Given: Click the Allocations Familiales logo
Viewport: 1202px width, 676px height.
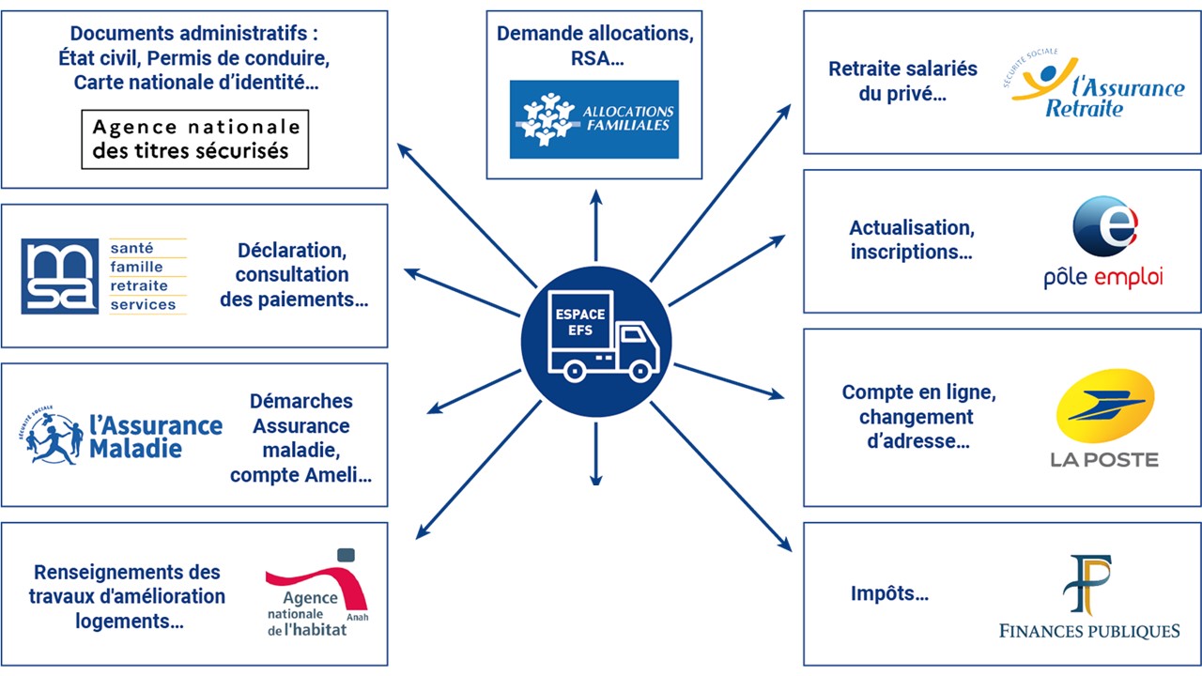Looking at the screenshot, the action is click(x=594, y=119).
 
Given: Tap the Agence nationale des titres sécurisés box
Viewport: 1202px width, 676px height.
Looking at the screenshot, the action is click(x=194, y=140).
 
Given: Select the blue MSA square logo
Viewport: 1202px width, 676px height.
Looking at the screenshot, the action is click(x=59, y=276).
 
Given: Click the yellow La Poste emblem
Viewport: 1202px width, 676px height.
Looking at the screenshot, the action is click(x=1105, y=406).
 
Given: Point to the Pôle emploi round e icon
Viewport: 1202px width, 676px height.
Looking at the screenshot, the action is click(x=1105, y=226).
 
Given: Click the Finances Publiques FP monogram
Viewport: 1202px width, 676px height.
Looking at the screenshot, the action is click(x=1087, y=585).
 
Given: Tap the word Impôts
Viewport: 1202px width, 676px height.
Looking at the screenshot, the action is click(x=889, y=593).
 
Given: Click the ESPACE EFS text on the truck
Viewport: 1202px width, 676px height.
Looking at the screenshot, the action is click(x=580, y=322).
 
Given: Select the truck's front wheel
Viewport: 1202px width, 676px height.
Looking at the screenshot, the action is click(x=640, y=370).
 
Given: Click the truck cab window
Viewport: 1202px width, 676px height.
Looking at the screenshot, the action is click(x=633, y=335).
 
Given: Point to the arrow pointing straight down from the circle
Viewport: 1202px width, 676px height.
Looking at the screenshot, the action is click(x=596, y=453).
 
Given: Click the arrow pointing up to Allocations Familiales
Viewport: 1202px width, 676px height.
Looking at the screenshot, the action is click(x=596, y=225).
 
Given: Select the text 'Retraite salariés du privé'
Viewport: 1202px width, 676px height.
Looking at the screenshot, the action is click(x=902, y=81).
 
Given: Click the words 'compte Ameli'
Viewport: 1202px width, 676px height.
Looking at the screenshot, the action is click(x=301, y=475).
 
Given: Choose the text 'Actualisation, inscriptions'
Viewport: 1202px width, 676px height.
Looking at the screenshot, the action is click(x=912, y=239).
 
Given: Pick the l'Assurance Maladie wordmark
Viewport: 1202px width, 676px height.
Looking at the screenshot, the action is click(x=156, y=437).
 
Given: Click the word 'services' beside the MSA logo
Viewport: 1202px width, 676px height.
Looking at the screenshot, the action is click(x=143, y=305).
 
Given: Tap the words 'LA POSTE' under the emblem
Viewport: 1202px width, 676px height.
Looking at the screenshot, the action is click(x=1104, y=460).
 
